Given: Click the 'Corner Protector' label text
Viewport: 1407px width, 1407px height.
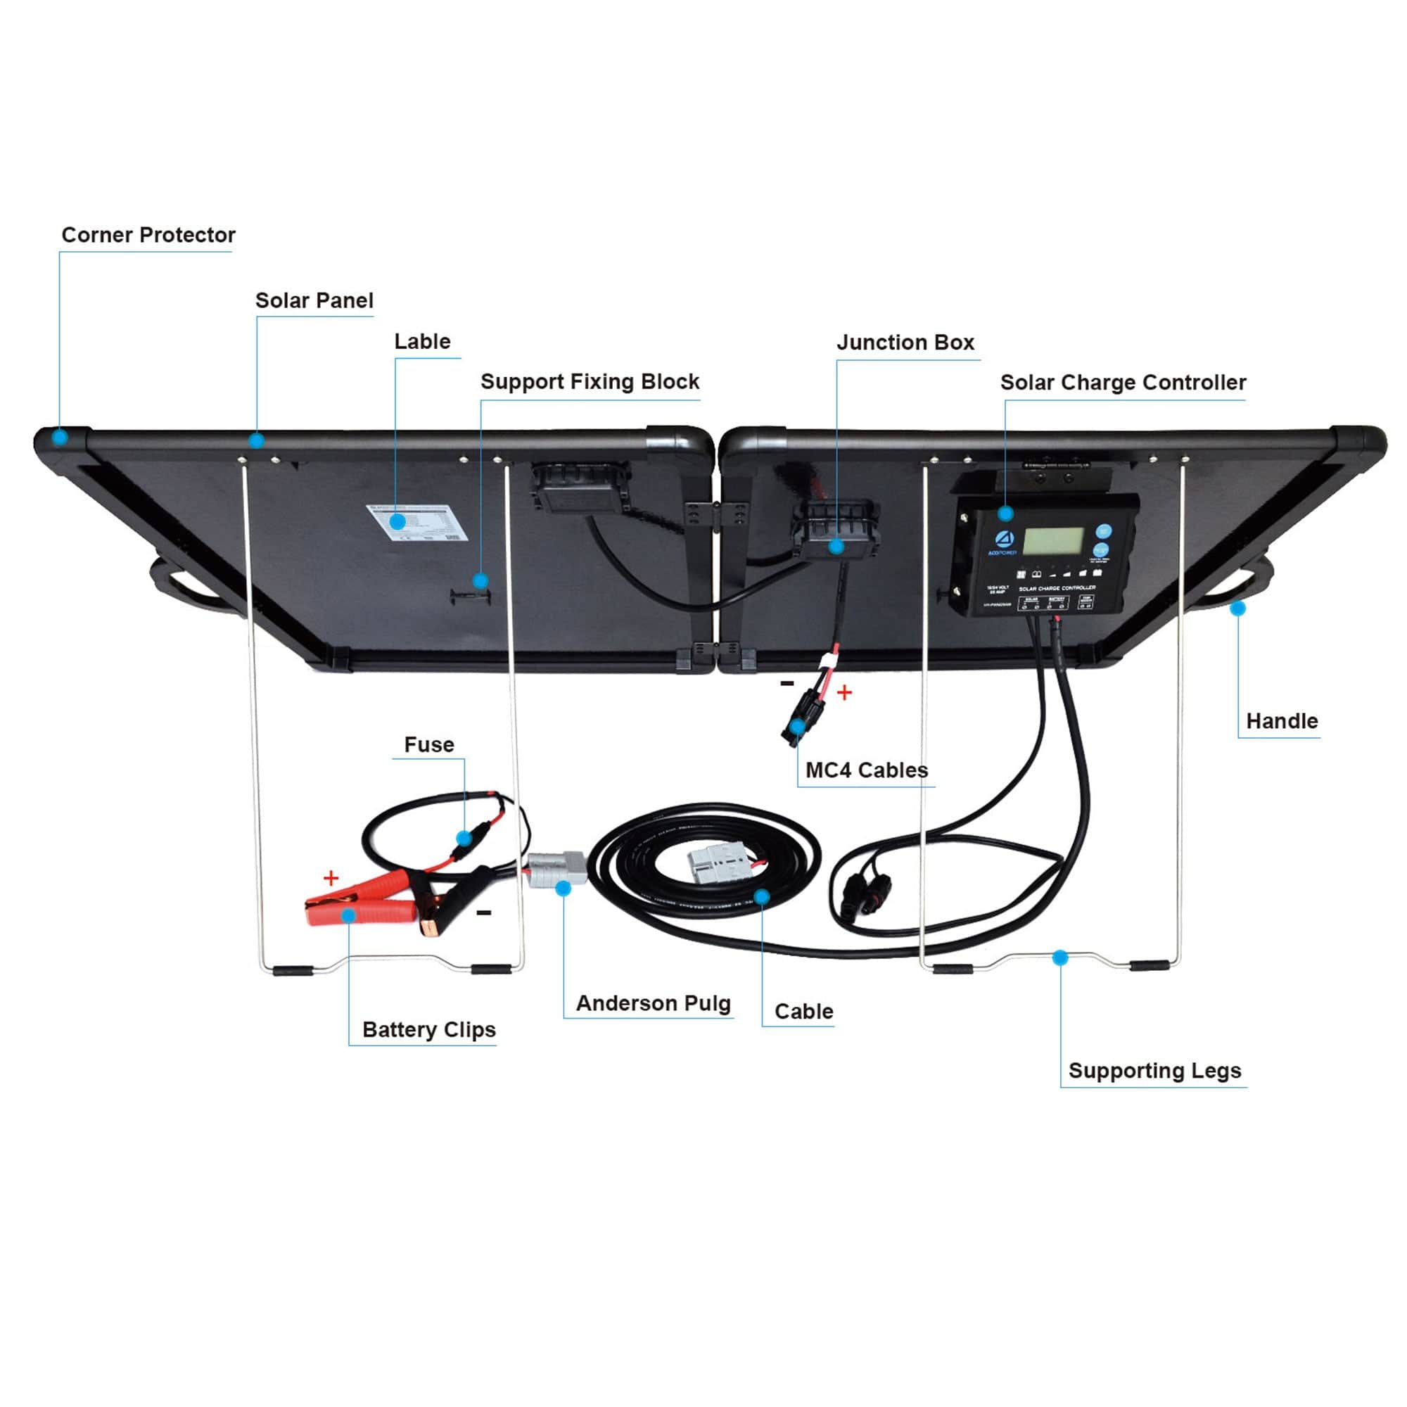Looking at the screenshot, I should tap(148, 235).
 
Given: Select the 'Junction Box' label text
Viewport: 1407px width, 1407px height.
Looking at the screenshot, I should tap(905, 343).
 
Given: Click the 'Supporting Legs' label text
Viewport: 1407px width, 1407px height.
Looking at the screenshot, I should tap(1154, 1071).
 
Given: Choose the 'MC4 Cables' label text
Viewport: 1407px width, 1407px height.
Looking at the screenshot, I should tap(866, 770).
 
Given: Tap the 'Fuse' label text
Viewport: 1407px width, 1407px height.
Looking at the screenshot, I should tap(429, 744).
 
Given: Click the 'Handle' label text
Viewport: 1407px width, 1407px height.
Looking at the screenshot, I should tap(1282, 721).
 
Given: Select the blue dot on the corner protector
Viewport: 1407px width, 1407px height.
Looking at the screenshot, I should tap(61, 437).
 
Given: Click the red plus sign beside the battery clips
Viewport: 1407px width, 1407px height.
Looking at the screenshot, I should tap(331, 877).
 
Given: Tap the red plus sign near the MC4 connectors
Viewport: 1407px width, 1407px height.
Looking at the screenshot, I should tap(844, 692).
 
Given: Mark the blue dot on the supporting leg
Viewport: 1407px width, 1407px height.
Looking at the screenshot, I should tap(1060, 957).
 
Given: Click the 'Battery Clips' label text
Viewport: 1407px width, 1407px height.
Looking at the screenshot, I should tap(428, 1030).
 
